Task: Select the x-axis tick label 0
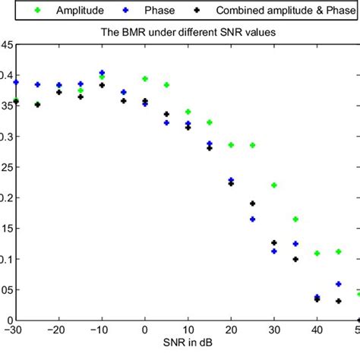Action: pos(144,330)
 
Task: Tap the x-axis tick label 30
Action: pos(273,330)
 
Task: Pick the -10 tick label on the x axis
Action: pos(100,330)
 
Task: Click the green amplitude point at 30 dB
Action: pos(274,185)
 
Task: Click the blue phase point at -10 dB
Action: pos(102,73)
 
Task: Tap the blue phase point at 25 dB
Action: pos(252,219)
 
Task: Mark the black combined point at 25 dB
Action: pos(252,204)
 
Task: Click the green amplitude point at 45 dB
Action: pos(339,251)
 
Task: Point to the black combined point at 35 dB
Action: pos(295,259)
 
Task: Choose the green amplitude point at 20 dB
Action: pos(231,145)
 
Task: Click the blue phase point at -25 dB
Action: pos(37,85)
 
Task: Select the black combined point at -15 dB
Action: pos(81,97)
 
